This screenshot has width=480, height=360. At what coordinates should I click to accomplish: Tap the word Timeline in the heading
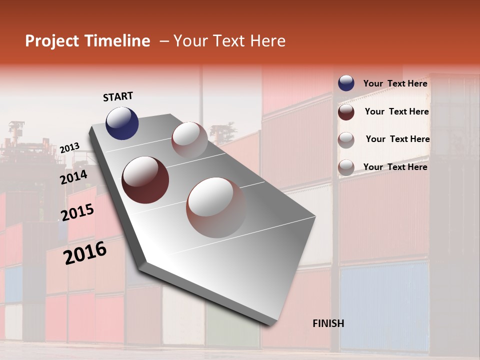pos(120,41)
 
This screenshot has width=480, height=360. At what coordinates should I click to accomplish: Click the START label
pos(118,96)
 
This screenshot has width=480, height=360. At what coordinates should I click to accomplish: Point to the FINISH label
pos(328,323)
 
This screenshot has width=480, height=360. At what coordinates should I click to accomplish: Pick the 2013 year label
pos(70,148)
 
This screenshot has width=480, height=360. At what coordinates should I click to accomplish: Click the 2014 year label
pos(74,177)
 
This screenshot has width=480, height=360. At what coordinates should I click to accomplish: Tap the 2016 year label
pos(85,253)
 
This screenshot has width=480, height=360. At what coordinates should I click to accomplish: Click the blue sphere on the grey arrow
pos(122,123)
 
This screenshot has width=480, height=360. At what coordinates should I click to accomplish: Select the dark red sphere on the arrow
pos(145,180)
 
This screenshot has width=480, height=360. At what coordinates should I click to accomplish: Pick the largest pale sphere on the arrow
pos(216,207)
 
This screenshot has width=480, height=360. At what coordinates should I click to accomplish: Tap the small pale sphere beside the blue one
pos(189,140)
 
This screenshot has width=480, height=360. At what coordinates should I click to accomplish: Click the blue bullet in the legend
pos(346,83)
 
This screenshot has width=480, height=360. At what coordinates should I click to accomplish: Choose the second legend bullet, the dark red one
pos(346,112)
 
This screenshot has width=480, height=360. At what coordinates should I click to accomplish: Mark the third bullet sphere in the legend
pos(346,140)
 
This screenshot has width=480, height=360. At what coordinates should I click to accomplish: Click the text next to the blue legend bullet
pos(395,83)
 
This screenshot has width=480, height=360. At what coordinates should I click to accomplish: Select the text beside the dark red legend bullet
pos(397,111)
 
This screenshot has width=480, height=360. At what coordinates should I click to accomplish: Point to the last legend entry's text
pos(395,167)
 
